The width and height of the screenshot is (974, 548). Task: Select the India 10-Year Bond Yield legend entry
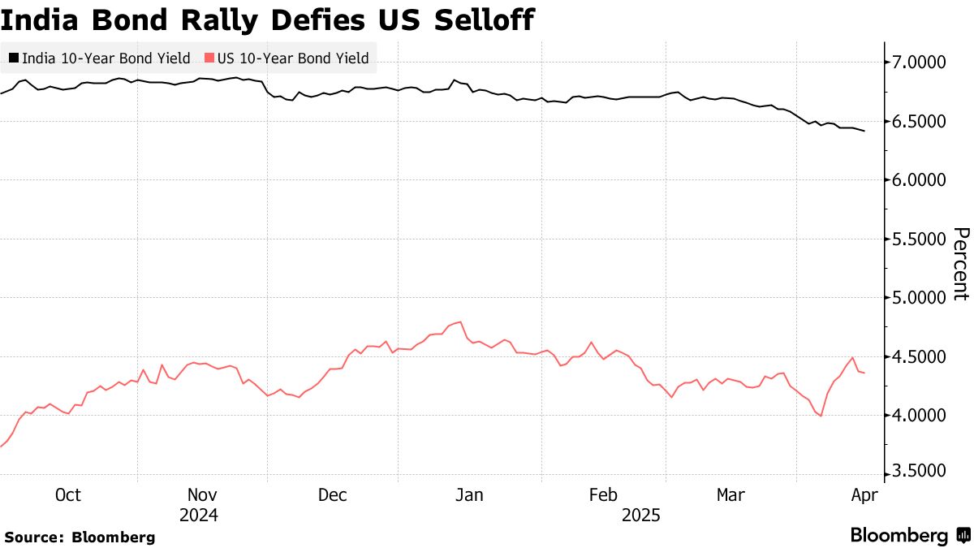pyautogui.click(x=99, y=58)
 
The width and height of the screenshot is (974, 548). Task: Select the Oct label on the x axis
pyautogui.click(x=67, y=494)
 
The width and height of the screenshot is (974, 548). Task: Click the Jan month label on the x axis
pyautogui.click(x=468, y=494)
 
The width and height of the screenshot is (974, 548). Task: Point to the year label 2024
pyautogui.click(x=200, y=515)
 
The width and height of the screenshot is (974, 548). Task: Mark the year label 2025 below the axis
pyautogui.click(x=641, y=515)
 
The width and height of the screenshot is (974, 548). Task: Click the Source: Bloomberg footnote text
pyautogui.click(x=80, y=537)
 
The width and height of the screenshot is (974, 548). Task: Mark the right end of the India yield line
pyautogui.click(x=864, y=131)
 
